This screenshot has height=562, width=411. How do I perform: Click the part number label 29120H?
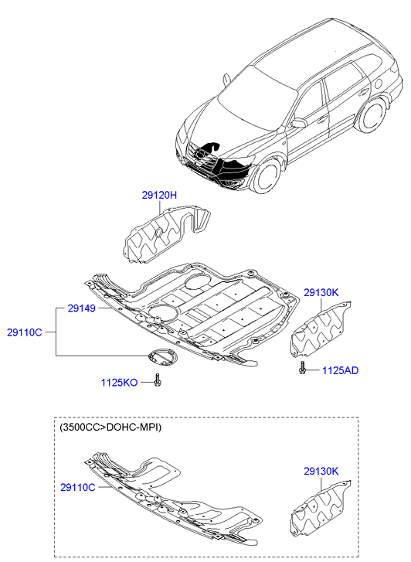pos(159,196)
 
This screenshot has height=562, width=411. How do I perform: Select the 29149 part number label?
pos(81,308)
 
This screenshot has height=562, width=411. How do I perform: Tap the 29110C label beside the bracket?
pos(25,332)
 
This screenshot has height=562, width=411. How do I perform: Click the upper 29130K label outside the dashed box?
pos(321,292)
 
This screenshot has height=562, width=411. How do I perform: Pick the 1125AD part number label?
pos(340,370)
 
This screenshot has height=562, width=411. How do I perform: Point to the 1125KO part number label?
pos(119,383)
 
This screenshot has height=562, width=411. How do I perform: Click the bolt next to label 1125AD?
pos(302,368)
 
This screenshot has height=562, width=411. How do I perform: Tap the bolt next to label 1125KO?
pos(158,380)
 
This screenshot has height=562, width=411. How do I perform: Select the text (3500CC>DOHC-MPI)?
pos(110,427)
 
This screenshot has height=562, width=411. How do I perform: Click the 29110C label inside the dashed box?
pos(78,488)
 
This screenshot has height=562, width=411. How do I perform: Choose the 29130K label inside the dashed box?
pos(321,471)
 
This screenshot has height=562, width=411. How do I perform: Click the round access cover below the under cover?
pos(163,358)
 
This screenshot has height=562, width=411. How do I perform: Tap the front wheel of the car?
pos(267,176)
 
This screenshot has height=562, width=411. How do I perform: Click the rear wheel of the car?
pos(372,114)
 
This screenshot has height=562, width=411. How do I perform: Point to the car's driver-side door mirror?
pos(298,122)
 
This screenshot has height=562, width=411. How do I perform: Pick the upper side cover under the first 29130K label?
pos(321,329)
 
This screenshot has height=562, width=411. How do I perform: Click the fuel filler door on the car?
pos(377,83)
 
